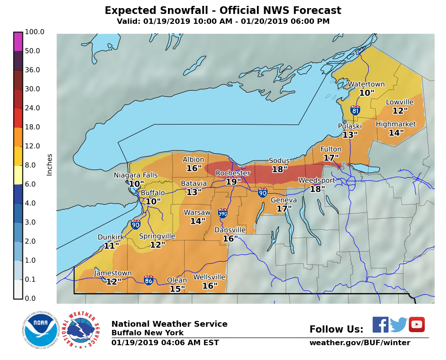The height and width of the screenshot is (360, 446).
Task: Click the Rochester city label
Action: point(233,173)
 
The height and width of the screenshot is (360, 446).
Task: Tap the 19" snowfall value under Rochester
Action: point(233,182)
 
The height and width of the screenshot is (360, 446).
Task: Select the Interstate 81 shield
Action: point(355,110)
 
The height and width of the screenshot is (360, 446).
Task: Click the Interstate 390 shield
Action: point(222,213)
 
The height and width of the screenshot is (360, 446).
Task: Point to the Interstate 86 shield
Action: point(149,280)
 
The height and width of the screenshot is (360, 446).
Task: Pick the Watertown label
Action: point(366,84)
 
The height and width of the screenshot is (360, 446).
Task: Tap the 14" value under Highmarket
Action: point(396,133)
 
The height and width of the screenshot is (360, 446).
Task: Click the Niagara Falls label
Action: point(136,175)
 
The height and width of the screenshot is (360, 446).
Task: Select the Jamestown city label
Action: point(113,273)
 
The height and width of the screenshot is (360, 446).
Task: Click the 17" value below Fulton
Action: point(331,158)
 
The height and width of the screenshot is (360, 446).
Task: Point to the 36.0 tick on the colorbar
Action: point(32,70)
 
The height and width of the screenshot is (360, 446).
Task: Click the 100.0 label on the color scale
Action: point(34,32)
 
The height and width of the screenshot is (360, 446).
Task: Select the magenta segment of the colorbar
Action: point(18,41)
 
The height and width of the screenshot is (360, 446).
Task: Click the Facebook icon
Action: point(380,324)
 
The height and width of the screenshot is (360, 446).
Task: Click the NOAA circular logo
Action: point(41,330)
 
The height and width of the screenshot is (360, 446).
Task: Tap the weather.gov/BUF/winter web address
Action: point(359,343)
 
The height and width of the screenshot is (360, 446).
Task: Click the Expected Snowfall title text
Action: point(223,10)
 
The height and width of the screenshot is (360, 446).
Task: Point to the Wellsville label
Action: point(209,277)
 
